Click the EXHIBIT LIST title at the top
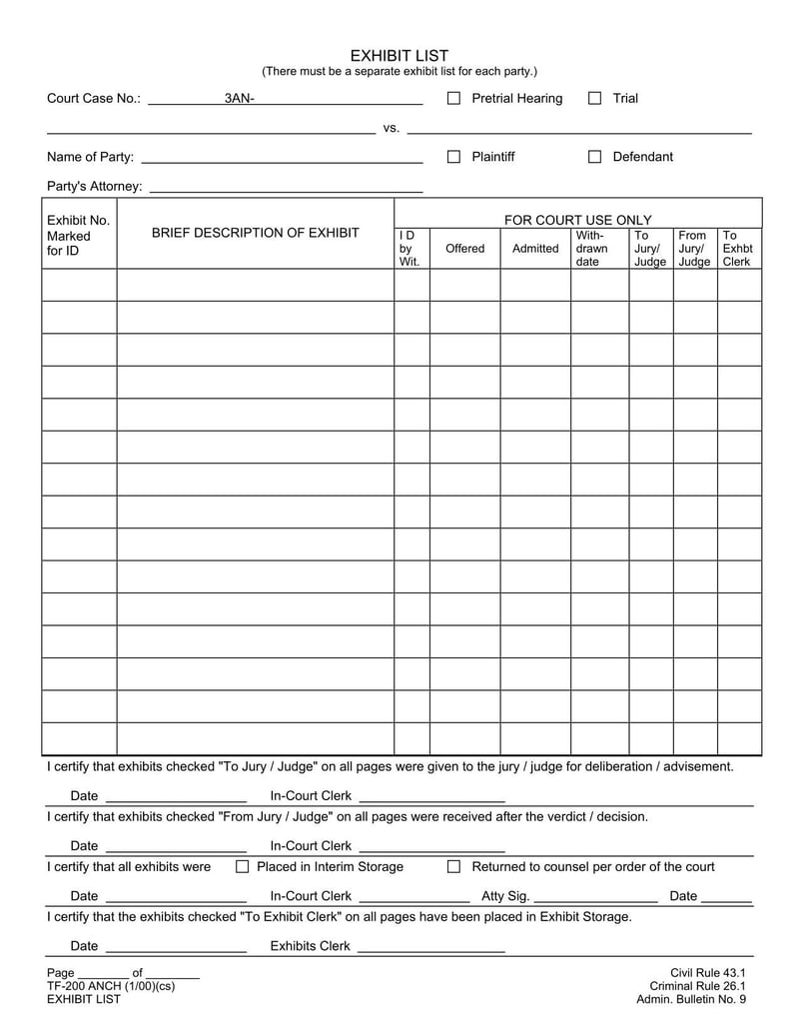click(399, 56)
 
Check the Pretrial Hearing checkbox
click(453, 98)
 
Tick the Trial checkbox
click(595, 98)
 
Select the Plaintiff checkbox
click(453, 157)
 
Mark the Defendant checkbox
click(595, 157)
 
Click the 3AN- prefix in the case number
click(239, 99)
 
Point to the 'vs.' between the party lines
click(392, 128)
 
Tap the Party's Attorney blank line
click(285, 188)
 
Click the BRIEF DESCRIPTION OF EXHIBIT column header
click(255, 233)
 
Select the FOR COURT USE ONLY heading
click(577, 220)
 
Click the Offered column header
click(464, 249)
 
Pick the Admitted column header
click(535, 249)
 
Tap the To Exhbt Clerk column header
click(737, 249)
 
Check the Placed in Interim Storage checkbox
click(242, 867)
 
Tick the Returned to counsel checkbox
click(453, 867)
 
